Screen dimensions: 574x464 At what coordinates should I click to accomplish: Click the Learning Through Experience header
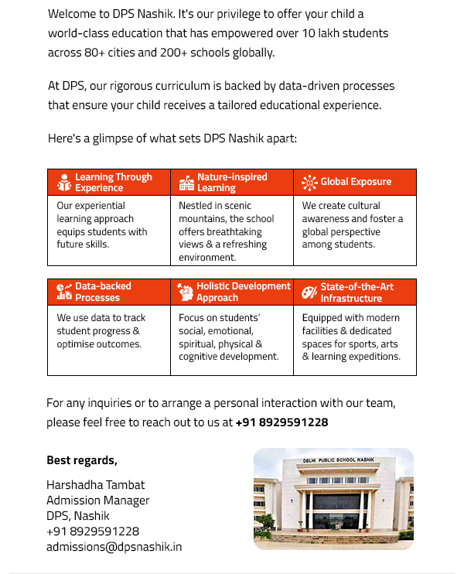[113, 183]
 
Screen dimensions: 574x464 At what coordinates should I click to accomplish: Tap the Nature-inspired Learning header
[231, 183]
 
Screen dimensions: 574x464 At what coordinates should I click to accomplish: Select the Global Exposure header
[356, 183]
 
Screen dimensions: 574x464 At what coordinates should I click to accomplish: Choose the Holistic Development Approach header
[243, 292]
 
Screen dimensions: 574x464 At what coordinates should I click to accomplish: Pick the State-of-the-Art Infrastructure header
[357, 292]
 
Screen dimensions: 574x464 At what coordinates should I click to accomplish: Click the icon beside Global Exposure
[309, 183]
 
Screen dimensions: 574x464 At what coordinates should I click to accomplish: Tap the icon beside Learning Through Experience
[64, 183]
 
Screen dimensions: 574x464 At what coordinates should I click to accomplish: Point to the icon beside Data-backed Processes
[64, 292]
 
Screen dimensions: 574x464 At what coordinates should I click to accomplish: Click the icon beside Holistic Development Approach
[186, 292]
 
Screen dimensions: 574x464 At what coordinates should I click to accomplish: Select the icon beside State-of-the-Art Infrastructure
[309, 292]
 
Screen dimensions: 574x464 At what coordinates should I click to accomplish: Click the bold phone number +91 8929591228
[281, 422]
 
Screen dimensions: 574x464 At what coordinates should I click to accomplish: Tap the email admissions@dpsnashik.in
[114, 547]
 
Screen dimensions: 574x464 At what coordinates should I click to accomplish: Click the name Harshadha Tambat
[95, 485]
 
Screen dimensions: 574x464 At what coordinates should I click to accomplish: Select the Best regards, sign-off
[82, 460]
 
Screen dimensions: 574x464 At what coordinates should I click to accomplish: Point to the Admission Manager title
[97, 501]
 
